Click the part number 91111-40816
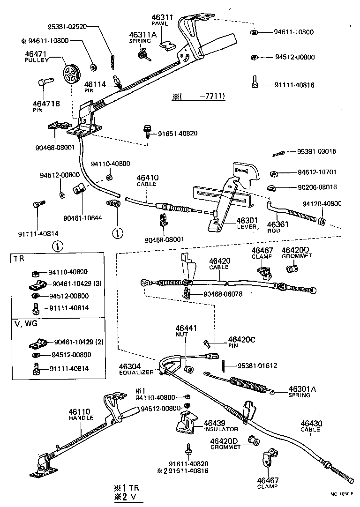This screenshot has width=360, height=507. tap(294, 85)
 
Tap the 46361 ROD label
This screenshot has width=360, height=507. tap(278, 227)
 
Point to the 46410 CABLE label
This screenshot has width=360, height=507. tap(148, 181)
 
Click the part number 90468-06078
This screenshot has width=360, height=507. tap(223, 294)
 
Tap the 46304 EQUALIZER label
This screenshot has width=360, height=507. tap(136, 369)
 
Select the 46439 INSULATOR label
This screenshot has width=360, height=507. tap(221, 425)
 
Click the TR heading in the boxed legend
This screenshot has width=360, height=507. tap(19, 259)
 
